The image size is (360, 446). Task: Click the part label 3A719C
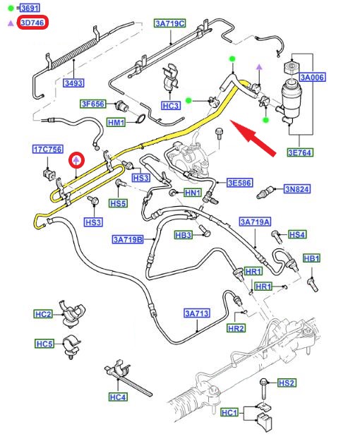coord(170,23)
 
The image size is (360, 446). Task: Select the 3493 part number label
coord(73,83)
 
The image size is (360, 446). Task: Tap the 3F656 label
coord(92,104)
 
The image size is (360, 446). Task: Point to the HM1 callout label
coord(116,123)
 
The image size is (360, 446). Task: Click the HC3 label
coord(170,106)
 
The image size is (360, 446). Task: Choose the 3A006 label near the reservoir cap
coord(312,77)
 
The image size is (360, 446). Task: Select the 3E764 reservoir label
coord(299,152)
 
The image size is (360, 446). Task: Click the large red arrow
coord(253,138)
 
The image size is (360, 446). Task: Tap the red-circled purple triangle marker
coord(76,160)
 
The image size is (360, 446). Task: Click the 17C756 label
coord(48,149)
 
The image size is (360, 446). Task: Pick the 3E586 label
coord(239,183)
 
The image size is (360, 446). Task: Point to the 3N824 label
coord(296,189)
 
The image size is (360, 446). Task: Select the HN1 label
coord(193,193)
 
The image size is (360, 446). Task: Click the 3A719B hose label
coord(128,239)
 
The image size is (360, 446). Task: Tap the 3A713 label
coord(197,313)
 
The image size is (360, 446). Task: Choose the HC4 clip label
coord(118,397)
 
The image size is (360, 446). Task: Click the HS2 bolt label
coord(287,383)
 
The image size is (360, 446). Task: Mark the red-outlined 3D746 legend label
coord(32,23)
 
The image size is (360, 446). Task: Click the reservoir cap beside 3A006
coord(292,67)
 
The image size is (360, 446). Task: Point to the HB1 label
coord(311,258)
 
